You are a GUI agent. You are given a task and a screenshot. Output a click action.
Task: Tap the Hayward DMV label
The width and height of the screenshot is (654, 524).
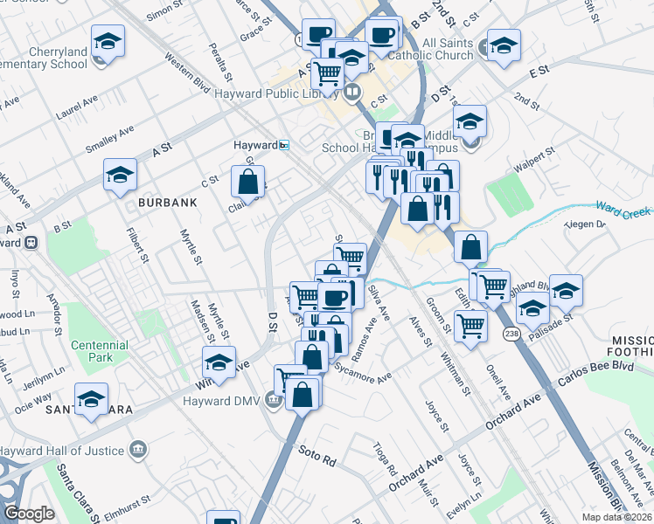pos(223,401)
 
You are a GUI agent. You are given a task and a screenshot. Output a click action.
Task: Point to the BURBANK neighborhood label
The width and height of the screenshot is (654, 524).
pos(166,202)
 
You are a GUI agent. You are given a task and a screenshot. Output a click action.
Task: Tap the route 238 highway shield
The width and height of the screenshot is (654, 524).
pos(511,332)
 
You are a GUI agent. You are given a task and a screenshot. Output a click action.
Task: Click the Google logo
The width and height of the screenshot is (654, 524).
pos(29,514)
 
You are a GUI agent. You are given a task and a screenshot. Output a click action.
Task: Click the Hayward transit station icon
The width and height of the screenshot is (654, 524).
pos(283,145)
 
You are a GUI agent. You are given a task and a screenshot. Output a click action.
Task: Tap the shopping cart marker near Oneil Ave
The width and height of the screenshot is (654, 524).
pos(471,327)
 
